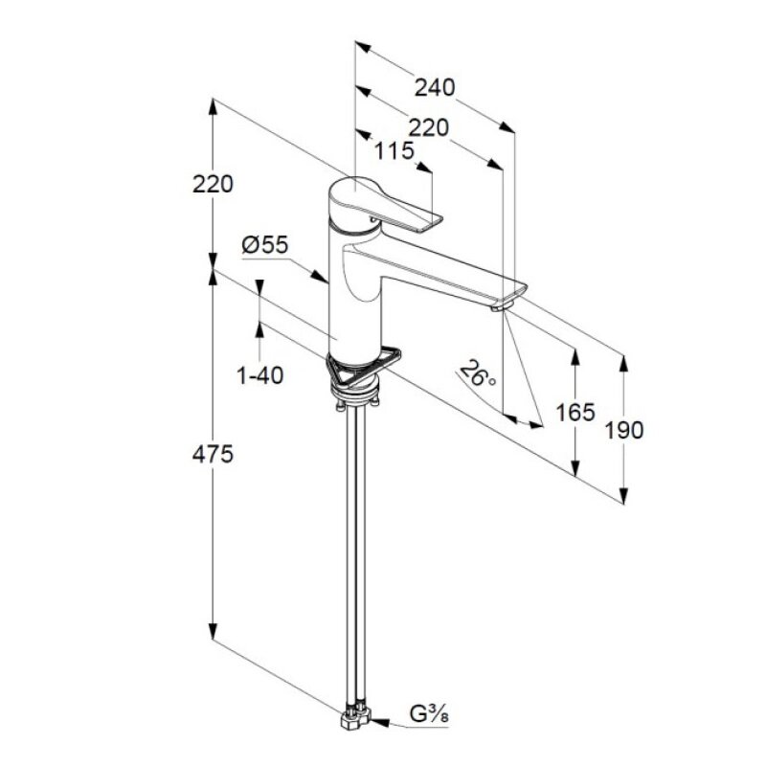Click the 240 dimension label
pyautogui.click(x=435, y=87)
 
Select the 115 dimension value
pyautogui.click(x=394, y=151)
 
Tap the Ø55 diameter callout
pyautogui.click(x=265, y=245)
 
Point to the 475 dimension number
pyautogui.click(x=213, y=455)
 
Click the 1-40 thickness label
pyautogui.click(x=259, y=375)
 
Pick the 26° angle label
pyautogui.click(x=478, y=372)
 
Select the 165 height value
pyautogui.click(x=575, y=413)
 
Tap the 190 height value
pyautogui.click(x=624, y=430)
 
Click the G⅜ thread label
pyautogui.click(x=429, y=715)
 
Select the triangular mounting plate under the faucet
pyautogui.click(x=363, y=366)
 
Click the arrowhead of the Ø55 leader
pyautogui.click(x=321, y=276)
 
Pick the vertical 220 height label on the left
pyautogui.click(x=213, y=184)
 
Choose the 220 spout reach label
pyautogui.click(x=428, y=128)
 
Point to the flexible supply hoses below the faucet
pyautogui.click(x=355, y=557)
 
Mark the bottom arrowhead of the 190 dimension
pyautogui.click(x=623, y=495)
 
